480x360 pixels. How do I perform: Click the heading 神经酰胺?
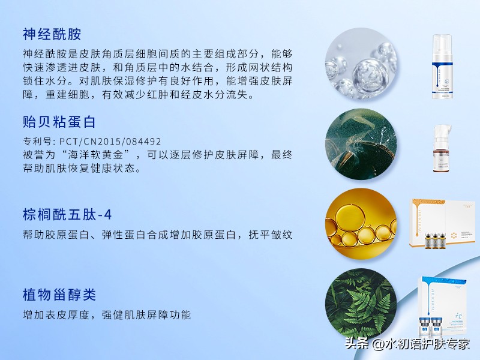[x=52, y=34]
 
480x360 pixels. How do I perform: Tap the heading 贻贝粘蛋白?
[x=59, y=122]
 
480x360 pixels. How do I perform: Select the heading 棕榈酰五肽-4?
[x=67, y=214]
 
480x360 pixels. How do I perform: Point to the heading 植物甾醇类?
[x=59, y=295]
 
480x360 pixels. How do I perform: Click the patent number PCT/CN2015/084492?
[x=110, y=142]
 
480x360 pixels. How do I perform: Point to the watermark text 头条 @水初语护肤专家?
[x=407, y=344]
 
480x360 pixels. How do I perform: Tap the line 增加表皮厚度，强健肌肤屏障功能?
[x=107, y=314]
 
